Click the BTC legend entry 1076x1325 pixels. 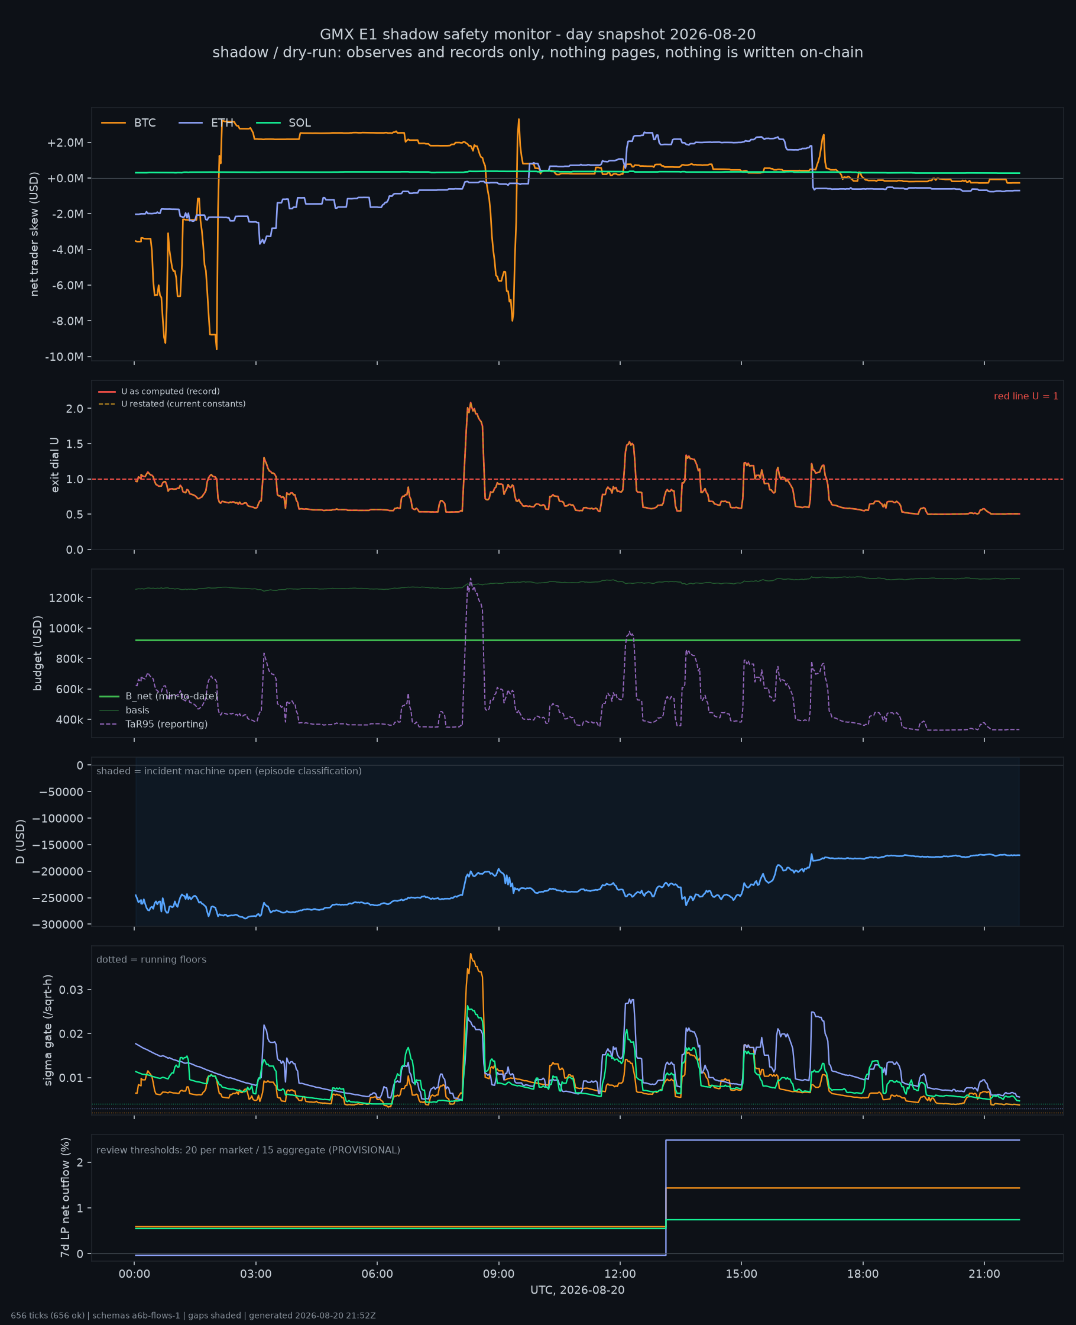[128, 123]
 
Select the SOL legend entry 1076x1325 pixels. [283, 123]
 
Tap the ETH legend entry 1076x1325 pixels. [206, 123]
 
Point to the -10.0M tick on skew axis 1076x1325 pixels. [64, 357]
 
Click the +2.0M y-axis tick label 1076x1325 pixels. [65, 143]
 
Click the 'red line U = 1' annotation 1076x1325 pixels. [1026, 396]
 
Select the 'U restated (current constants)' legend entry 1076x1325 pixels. [171, 403]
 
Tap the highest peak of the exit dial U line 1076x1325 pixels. [471, 403]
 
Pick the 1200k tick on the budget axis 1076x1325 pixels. [66, 597]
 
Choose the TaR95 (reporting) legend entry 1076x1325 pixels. [153, 724]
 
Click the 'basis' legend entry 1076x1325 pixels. [124, 710]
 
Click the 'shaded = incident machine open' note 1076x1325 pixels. [229, 771]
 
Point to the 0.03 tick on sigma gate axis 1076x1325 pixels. [72, 990]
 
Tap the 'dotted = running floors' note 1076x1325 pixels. [151, 960]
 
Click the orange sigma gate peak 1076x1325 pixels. [471, 954]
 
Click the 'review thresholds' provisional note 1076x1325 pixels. [248, 1150]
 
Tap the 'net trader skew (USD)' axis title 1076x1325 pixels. [34, 234]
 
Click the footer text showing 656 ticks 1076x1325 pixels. [193, 1316]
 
